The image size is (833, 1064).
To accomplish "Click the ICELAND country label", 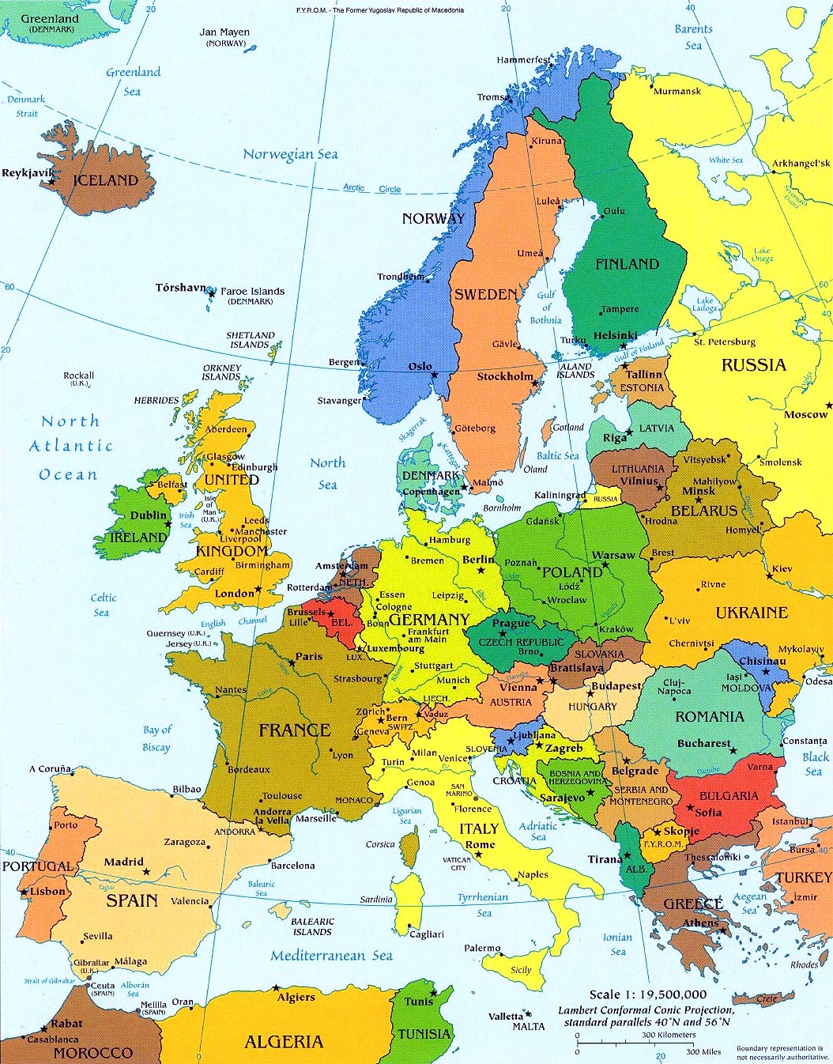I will [105, 180].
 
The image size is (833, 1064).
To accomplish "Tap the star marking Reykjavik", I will [52, 181].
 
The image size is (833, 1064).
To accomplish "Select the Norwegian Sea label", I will [290, 154].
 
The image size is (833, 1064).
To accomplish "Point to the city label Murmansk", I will [677, 91].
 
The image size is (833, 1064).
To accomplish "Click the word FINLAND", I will [627, 264].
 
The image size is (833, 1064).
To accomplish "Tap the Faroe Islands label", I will [252, 291].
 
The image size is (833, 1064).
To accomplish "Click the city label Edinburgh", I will [254, 467].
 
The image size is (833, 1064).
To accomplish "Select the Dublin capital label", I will [149, 515].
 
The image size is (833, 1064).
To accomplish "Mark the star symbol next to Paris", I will [292, 662].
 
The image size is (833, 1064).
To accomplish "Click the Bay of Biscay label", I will [156, 738].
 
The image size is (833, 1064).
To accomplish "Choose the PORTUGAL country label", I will [36, 866].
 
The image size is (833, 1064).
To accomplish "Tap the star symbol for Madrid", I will [145, 872].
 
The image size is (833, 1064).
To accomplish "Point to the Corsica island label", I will [380, 844].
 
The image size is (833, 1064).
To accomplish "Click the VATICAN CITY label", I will [458, 864].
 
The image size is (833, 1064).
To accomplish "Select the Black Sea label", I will [815, 764].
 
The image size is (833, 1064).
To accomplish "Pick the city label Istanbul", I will [790, 821].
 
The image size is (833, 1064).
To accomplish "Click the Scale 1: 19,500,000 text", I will [648, 994].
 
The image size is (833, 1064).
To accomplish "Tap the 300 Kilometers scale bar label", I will [668, 1035].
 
